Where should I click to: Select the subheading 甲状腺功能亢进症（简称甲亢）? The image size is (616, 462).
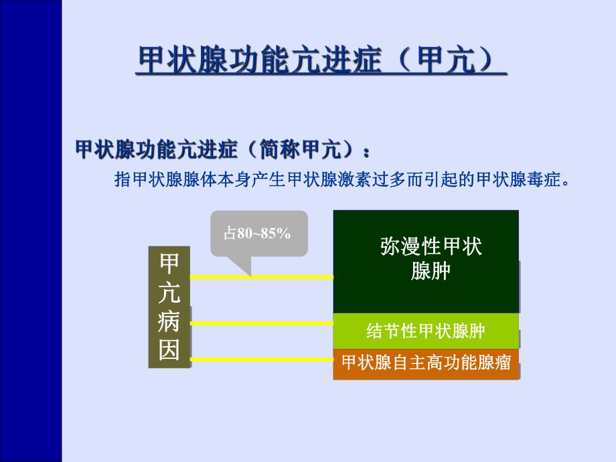tap(222, 149)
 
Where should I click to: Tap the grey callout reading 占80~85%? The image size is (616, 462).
tap(258, 234)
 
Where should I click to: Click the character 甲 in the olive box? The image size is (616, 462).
tap(169, 264)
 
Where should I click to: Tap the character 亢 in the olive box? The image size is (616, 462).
tap(169, 293)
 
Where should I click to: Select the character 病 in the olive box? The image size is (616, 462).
tap(169, 322)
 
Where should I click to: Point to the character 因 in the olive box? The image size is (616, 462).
tap(169, 350)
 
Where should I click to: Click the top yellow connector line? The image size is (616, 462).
tap(261, 277)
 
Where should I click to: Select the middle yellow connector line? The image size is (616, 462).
tap(261, 323)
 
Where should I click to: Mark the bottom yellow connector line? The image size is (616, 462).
tap(261, 362)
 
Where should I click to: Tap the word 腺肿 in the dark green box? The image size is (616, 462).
tap(431, 273)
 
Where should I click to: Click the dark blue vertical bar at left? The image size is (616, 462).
tap(31, 231)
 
